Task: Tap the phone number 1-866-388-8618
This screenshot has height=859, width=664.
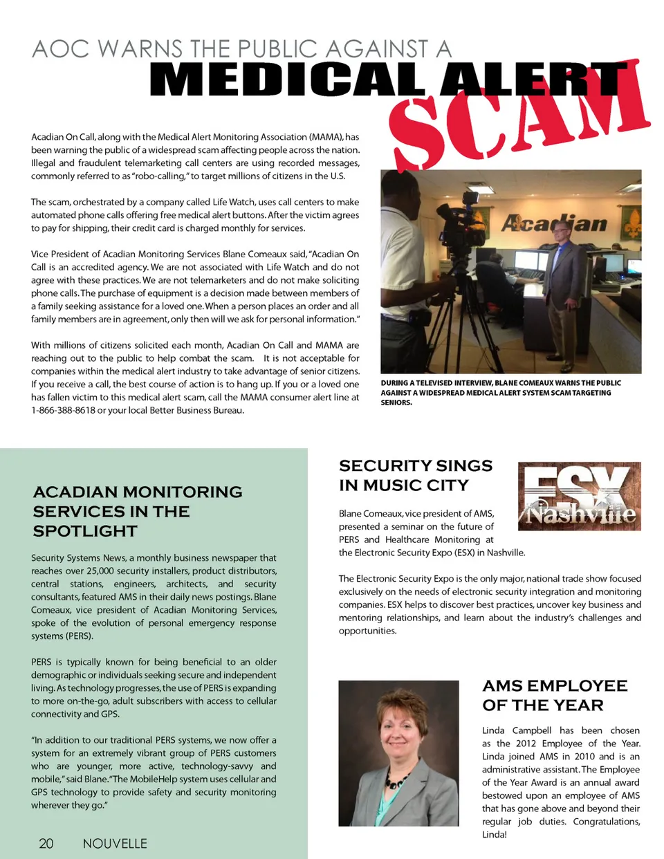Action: click(x=63, y=410)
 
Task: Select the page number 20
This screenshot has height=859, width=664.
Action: click(x=46, y=843)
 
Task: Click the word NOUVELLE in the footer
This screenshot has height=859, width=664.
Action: click(x=115, y=843)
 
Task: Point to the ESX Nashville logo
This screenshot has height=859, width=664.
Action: click(x=579, y=497)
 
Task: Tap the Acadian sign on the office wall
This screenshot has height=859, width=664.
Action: click(x=553, y=223)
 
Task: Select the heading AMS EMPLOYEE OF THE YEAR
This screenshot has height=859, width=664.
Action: click(x=555, y=695)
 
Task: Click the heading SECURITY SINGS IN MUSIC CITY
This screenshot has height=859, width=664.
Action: click(x=415, y=475)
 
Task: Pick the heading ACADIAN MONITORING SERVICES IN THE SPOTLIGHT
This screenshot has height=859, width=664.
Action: click(x=137, y=511)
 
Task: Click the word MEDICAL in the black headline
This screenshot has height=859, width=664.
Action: click(x=287, y=80)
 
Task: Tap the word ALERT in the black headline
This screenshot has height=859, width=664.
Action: click(x=533, y=80)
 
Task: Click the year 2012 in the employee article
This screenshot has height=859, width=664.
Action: click(x=526, y=743)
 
